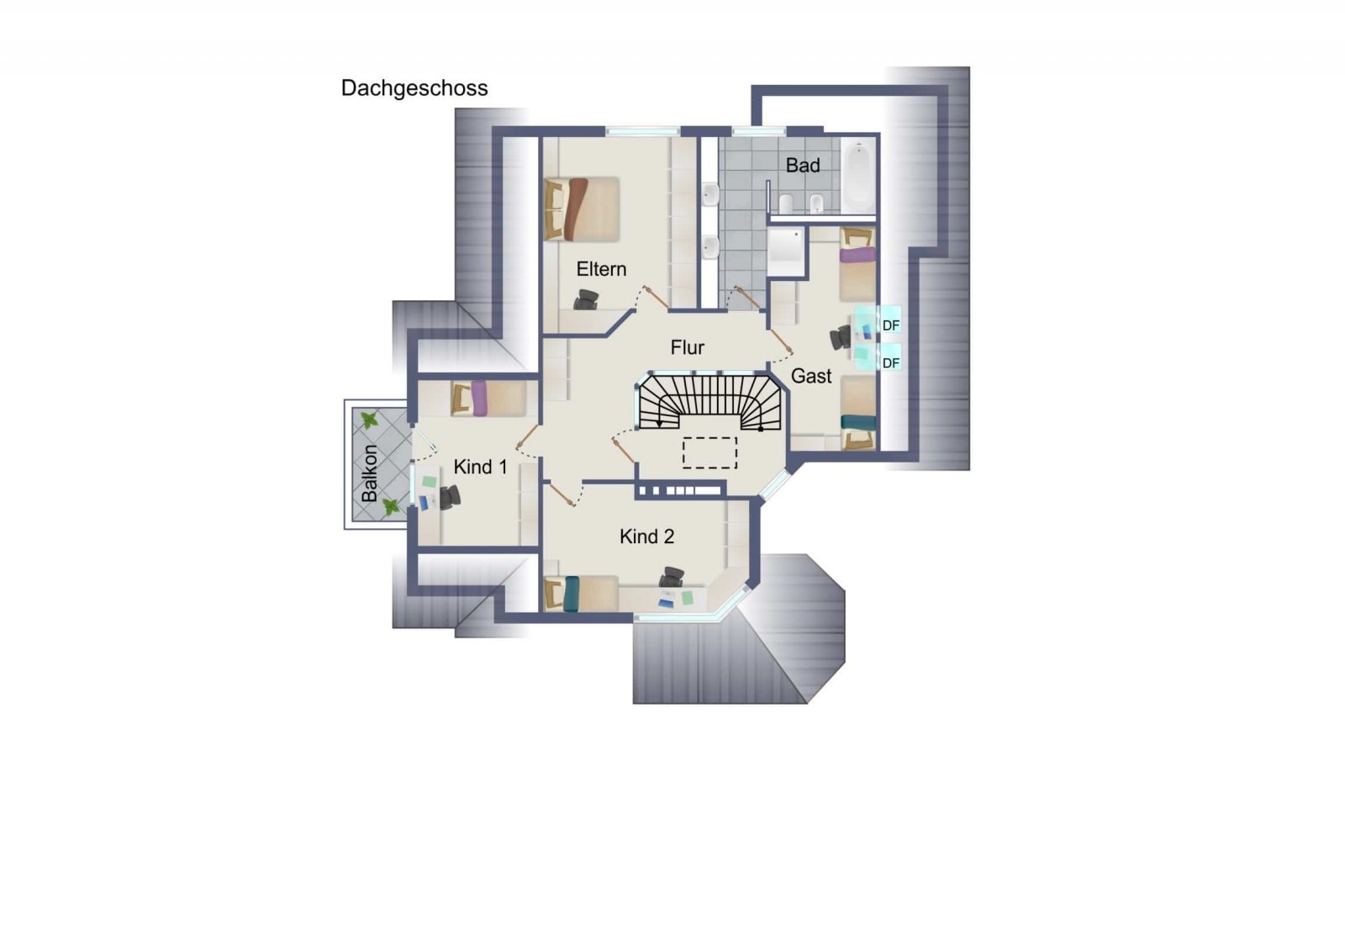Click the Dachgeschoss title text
[414, 88]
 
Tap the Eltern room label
[601, 269]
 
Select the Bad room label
[803, 165]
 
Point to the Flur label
[688, 347]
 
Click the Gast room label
[811, 376]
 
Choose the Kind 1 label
[480, 467]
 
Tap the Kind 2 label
[646, 537]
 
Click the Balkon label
[369, 473]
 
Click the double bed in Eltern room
[581, 209]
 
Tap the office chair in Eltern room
[586, 299]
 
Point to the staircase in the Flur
[710, 402]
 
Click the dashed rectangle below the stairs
[709, 453]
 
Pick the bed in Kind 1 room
[488, 399]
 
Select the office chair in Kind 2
[672, 577]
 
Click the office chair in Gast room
[841, 337]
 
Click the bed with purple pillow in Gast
[857, 264]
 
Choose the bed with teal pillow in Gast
[857, 413]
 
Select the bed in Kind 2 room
[581, 594]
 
